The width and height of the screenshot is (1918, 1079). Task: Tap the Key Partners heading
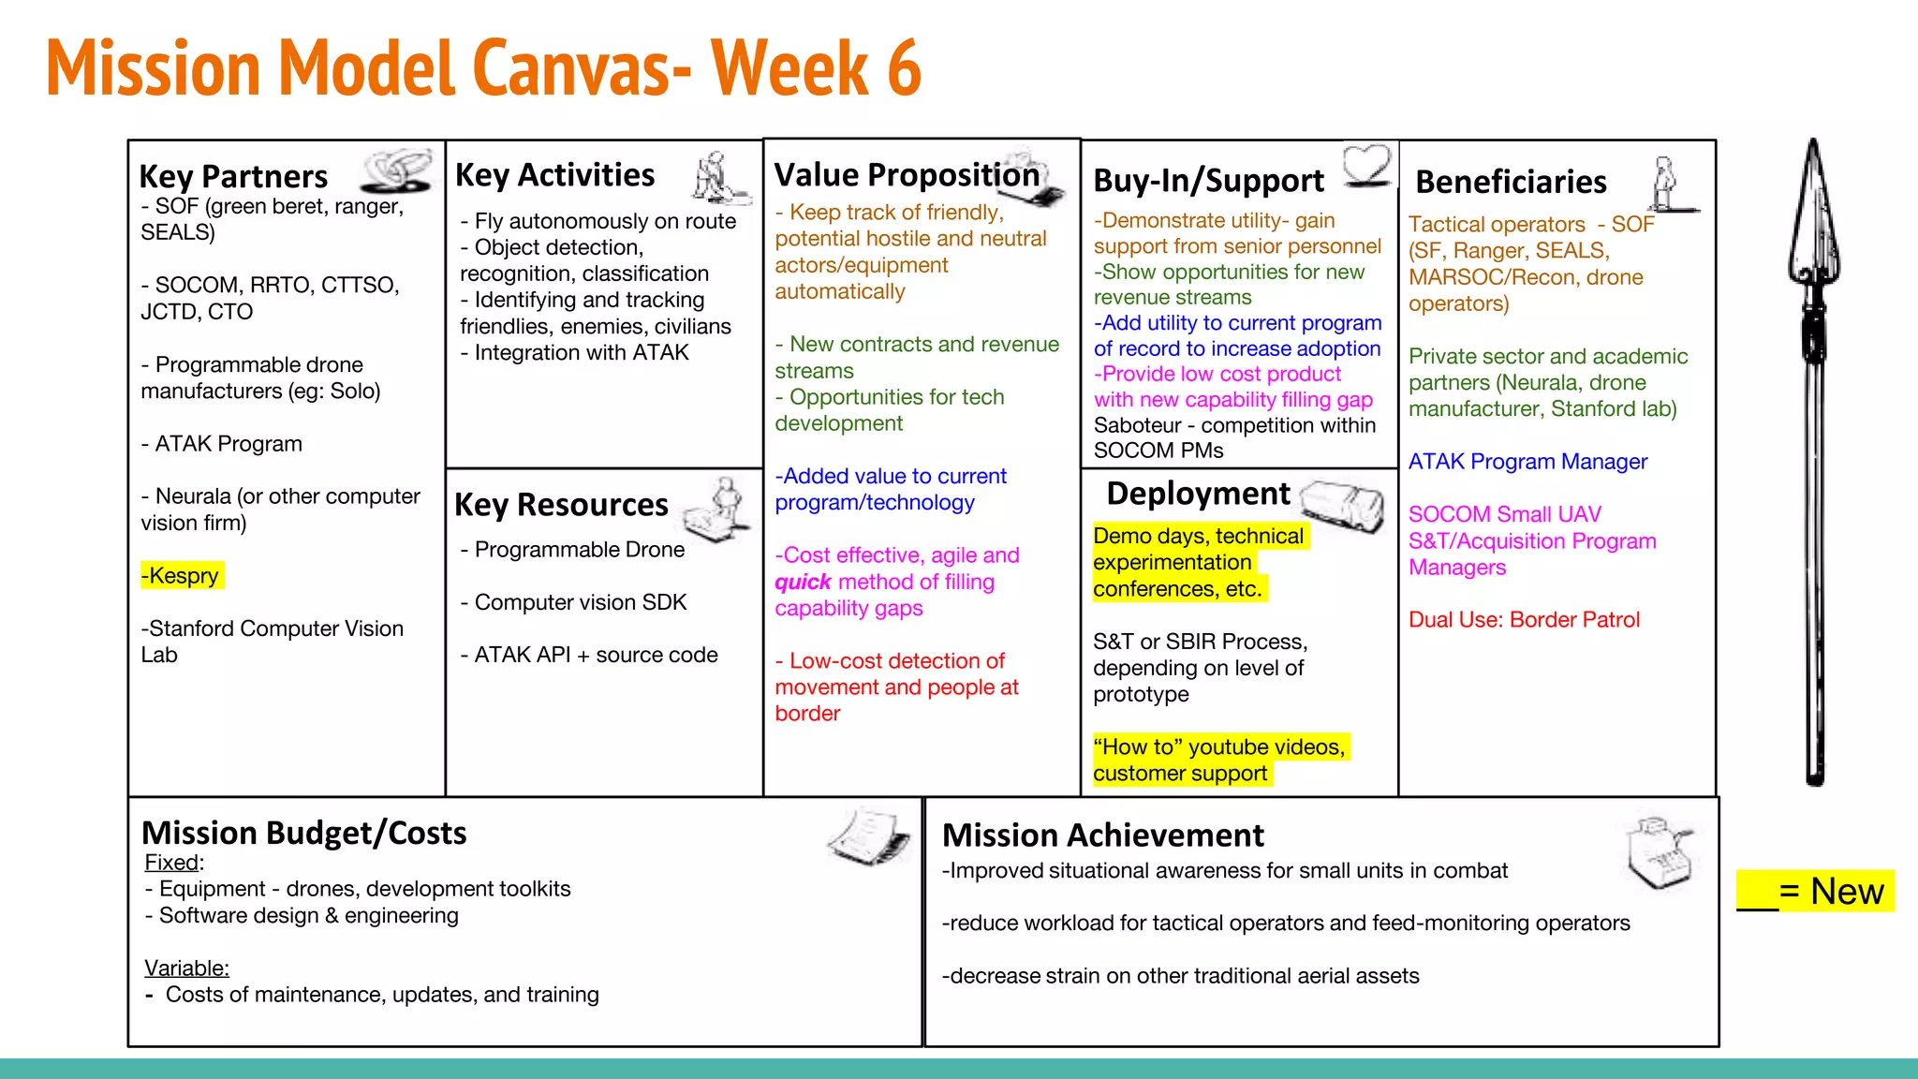click(x=233, y=176)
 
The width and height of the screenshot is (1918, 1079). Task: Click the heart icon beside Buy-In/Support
click(x=1366, y=165)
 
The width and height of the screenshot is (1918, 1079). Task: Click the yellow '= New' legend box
click(x=1815, y=891)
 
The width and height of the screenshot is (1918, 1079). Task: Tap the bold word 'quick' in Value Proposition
click(x=803, y=582)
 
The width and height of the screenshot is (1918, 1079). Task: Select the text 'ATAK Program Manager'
click(x=1527, y=462)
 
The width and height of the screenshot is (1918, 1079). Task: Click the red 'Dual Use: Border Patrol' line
click(x=1524, y=619)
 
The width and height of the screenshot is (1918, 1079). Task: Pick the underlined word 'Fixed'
click(x=172, y=863)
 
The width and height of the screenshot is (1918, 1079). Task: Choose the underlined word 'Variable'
click(x=185, y=968)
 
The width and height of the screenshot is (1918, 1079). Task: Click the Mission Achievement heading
click(x=1102, y=835)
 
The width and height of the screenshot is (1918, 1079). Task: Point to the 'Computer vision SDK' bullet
click(x=581, y=602)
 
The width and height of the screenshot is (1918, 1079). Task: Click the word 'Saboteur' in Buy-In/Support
click(x=1137, y=425)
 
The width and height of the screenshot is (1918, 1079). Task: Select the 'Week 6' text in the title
click(x=816, y=68)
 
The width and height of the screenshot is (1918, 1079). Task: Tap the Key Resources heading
click(x=561, y=505)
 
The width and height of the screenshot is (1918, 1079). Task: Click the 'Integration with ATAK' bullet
click(x=581, y=352)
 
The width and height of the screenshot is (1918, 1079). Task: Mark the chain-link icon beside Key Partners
click(x=397, y=170)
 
